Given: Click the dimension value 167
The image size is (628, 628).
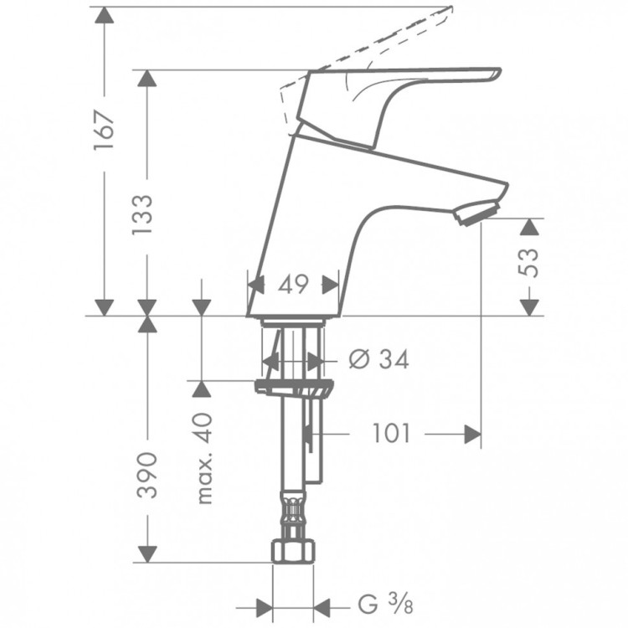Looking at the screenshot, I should pyautogui.click(x=104, y=130).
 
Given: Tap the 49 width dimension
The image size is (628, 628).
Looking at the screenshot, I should pyautogui.click(x=292, y=285).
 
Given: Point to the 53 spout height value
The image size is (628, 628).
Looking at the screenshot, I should pyautogui.click(x=529, y=265).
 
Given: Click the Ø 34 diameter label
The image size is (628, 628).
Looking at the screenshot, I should pyautogui.click(x=378, y=360).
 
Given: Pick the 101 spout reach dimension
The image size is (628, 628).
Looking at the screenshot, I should pyautogui.click(x=391, y=434).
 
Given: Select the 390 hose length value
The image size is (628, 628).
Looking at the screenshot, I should pyautogui.click(x=146, y=475).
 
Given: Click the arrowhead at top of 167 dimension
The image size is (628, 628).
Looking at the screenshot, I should pyautogui.click(x=104, y=15).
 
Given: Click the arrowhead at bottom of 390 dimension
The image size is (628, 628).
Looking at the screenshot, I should pyautogui.click(x=147, y=553).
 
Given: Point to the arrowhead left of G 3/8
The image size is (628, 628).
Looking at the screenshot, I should pyautogui.click(x=265, y=605).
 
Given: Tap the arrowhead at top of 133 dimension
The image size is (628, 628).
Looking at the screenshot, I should pyautogui.click(x=147, y=78).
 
